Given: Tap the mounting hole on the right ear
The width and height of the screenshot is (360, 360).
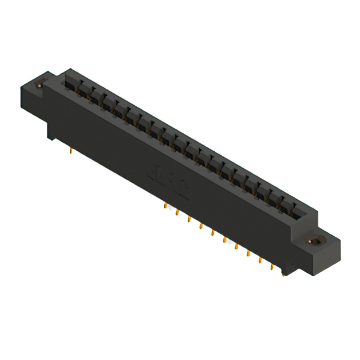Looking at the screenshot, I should [x=313, y=241].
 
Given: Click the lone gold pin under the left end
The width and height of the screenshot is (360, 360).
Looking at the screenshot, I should [x=70, y=150].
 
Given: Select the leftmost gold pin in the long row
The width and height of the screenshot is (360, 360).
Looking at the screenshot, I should [x=165, y=206].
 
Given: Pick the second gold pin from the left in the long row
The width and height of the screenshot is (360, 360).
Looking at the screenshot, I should [x=177, y=213].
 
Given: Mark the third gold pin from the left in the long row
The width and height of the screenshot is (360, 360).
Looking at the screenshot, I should [x=188, y=219].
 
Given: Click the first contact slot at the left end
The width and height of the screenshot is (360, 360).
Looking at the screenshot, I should [x=70, y=82].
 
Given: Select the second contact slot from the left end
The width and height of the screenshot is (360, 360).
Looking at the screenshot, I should [x=82, y=88].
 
